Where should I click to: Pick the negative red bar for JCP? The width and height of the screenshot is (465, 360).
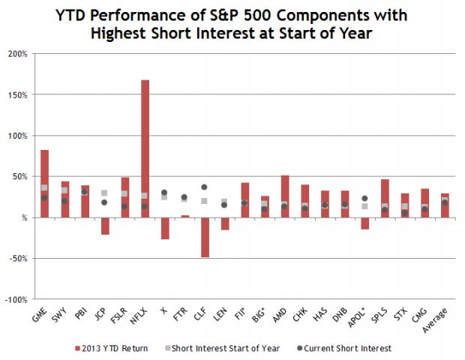click(x=104, y=226)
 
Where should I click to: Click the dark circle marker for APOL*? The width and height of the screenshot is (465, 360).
click(x=364, y=199)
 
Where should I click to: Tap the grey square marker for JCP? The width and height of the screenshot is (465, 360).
click(x=104, y=193)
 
